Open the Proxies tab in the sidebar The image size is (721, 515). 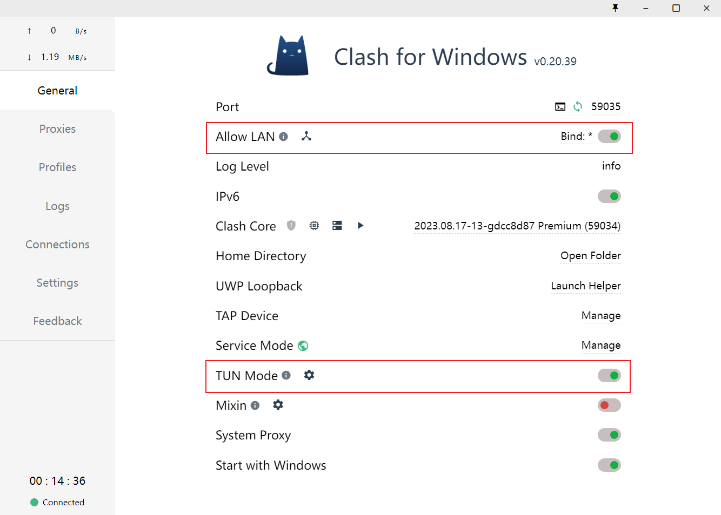[57, 129]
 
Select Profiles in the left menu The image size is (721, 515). [57, 167]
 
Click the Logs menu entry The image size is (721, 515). [57, 206]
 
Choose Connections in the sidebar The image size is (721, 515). [57, 245]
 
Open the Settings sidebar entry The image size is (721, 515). [57, 283]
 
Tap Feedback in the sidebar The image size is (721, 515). [57, 321]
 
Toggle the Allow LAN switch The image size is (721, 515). [609, 136]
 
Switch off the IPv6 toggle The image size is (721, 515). [609, 196]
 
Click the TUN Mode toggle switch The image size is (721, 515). [609, 376]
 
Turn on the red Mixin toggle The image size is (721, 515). [609, 405]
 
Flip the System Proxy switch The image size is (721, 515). [609, 435]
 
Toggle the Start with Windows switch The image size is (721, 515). [609, 465]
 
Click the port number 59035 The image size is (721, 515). [606, 106]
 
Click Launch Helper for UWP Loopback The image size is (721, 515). [586, 286]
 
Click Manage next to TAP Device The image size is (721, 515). [601, 316]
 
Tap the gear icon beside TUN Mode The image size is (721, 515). [309, 375]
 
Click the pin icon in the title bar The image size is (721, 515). [615, 8]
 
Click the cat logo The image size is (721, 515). [288, 55]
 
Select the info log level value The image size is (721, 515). [611, 166]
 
